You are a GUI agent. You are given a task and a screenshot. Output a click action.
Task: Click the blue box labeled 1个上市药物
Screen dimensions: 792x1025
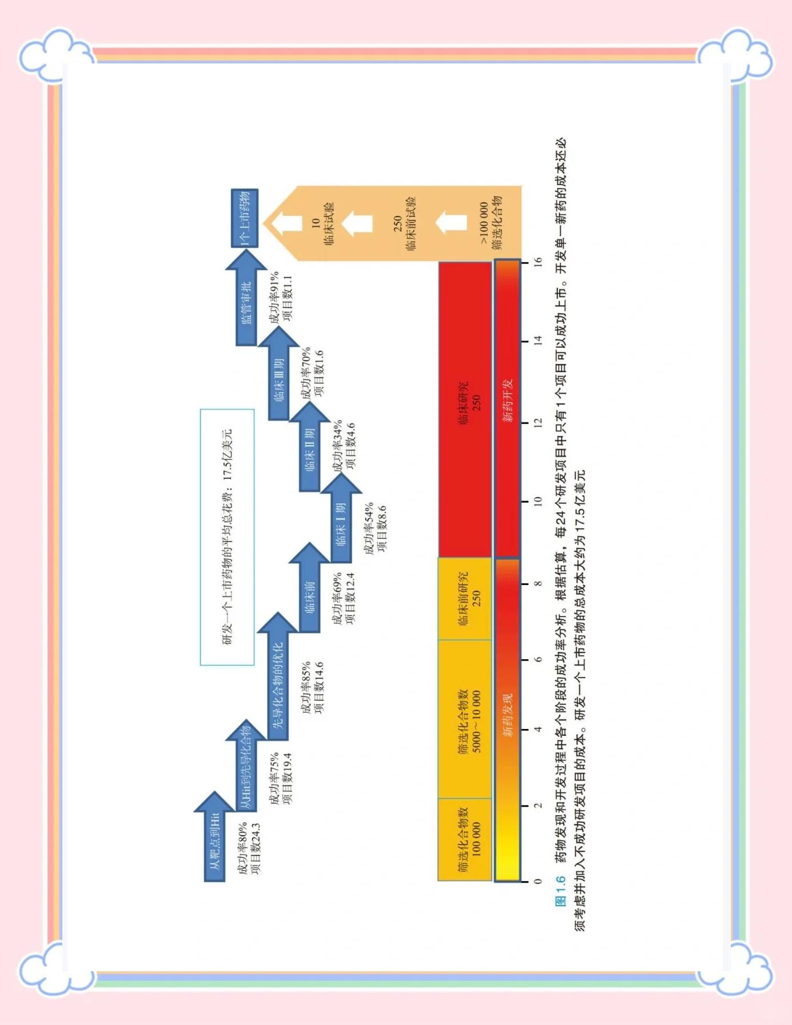pos(244,218)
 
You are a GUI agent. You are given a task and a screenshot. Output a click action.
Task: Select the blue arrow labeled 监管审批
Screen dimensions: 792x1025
pos(246,298)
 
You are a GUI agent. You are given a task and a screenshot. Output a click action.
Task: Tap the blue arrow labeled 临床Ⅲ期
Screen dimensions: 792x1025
pos(278,374)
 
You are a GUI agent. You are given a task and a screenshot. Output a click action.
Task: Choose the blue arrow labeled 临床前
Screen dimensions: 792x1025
pos(310,588)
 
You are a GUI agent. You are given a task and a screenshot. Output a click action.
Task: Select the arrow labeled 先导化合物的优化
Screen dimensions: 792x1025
pos(278,677)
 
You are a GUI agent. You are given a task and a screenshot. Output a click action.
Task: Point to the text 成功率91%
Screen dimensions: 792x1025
pos(275,297)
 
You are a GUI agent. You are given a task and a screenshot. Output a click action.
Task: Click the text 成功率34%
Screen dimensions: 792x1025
pos(338,446)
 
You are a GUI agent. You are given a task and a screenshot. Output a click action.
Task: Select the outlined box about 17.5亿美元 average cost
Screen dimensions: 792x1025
pos(227,537)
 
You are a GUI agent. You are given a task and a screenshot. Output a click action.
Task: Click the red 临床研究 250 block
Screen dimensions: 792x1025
pos(465,409)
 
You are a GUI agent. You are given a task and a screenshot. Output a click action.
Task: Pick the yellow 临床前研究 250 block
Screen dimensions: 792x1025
pos(465,598)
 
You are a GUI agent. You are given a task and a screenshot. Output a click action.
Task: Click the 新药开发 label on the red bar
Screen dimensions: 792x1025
pos(508,401)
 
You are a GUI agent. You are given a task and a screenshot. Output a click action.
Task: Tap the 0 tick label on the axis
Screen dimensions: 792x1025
pos(538,882)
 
